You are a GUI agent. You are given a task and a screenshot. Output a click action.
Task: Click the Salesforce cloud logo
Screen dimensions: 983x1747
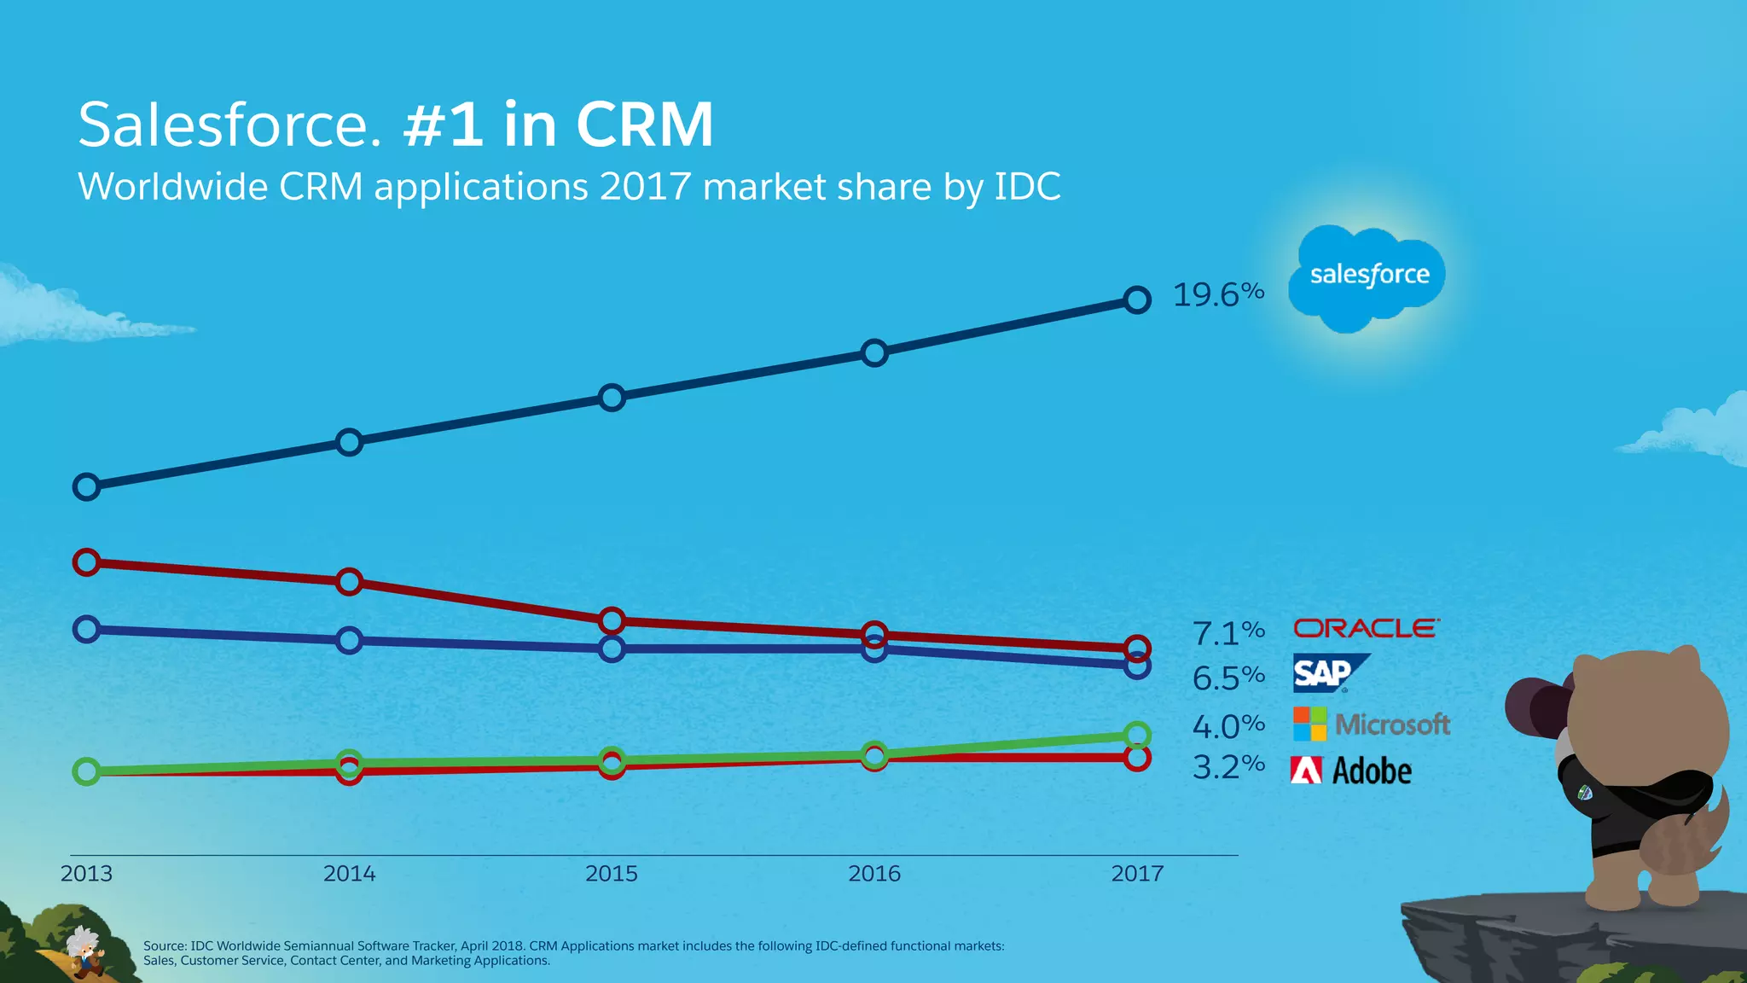(x=1367, y=277)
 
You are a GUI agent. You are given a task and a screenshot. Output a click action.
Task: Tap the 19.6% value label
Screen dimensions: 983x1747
(x=1217, y=294)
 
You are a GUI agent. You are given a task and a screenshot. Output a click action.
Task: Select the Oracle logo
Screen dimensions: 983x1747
(x=1366, y=629)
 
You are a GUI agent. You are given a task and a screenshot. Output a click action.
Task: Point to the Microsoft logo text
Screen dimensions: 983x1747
(x=1392, y=724)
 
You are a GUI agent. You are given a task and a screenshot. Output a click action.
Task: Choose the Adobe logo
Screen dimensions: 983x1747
(x=1351, y=771)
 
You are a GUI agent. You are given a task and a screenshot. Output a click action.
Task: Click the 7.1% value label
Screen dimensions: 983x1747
(x=1228, y=633)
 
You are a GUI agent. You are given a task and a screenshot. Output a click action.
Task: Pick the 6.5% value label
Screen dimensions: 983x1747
(x=1228, y=678)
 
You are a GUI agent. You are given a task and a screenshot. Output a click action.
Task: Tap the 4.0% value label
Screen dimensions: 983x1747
(x=1228, y=726)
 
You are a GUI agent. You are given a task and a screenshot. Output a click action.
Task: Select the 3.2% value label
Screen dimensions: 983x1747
(x=1228, y=766)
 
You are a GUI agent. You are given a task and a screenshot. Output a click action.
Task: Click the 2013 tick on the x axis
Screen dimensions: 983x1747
(x=86, y=873)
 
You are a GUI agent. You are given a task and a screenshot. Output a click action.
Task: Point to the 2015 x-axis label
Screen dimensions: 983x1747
(x=611, y=873)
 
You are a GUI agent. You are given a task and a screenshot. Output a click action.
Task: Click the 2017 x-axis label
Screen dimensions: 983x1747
(x=1136, y=873)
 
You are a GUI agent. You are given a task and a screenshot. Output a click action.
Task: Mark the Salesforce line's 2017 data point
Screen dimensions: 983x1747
(x=1137, y=300)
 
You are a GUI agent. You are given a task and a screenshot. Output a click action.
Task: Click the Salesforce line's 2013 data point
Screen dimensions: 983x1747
(x=86, y=487)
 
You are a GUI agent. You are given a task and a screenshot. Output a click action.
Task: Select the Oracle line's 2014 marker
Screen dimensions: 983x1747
(x=349, y=582)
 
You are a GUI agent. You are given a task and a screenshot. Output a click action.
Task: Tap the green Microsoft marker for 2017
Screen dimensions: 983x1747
(x=1137, y=735)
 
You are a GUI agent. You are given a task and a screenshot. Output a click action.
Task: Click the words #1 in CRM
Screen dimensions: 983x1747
(x=559, y=125)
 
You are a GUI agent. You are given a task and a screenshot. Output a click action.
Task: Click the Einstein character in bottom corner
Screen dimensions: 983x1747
(x=85, y=951)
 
